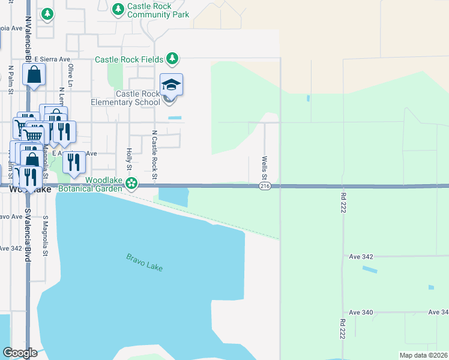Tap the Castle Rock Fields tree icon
[173, 58]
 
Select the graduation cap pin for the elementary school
[171, 85]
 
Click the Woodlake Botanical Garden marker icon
[131, 182]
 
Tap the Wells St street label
[264, 167]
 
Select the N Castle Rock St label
[154, 155]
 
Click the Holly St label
[129, 158]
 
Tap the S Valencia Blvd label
[28, 235]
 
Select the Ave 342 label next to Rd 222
[361, 257]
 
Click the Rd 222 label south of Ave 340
[342, 331]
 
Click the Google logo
[20, 353]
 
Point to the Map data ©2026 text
[423, 355]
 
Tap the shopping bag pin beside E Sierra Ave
[34, 75]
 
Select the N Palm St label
[11, 80]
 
